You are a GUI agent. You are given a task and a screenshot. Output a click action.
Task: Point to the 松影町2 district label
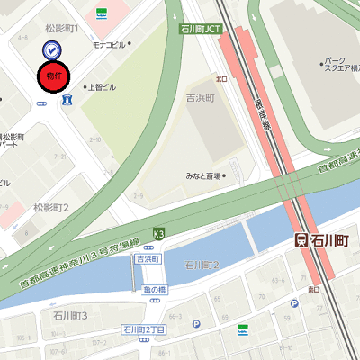pyautogui.click(x=51, y=208)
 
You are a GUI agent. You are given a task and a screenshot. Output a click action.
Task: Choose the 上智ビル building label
pyautogui.click(x=102, y=87)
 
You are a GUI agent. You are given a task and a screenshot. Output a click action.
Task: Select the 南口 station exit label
pyautogui.click(x=314, y=289)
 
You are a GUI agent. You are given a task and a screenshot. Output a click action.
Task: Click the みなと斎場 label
pyautogui.click(x=204, y=176)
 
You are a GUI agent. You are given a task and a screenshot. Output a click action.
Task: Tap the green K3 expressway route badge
pyautogui.click(x=159, y=234)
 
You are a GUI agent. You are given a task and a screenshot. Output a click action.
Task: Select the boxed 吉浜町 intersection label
pyautogui.click(x=147, y=259)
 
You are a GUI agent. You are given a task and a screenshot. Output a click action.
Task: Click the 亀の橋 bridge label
pyautogui.click(x=155, y=290)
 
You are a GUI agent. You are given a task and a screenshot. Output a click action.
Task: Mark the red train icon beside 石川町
pyautogui.click(x=302, y=241)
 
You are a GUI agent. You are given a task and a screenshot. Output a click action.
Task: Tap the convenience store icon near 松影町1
pyautogui.click(x=103, y=13)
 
